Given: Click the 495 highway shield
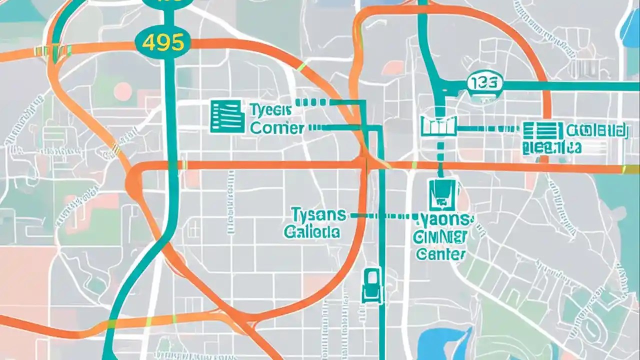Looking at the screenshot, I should coord(163,42).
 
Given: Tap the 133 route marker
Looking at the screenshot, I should coord(484,83).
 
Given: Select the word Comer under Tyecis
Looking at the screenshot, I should coord(277,128).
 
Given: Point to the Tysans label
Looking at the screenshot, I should coord(318,215).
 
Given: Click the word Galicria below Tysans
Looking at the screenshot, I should coord(312,232).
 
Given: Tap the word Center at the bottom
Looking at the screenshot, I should coord(440,254).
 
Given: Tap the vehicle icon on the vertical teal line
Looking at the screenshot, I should coord(371,285).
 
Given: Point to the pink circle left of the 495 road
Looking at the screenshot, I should coord(122,91).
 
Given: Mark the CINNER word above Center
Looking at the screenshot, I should coord(441,237).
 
